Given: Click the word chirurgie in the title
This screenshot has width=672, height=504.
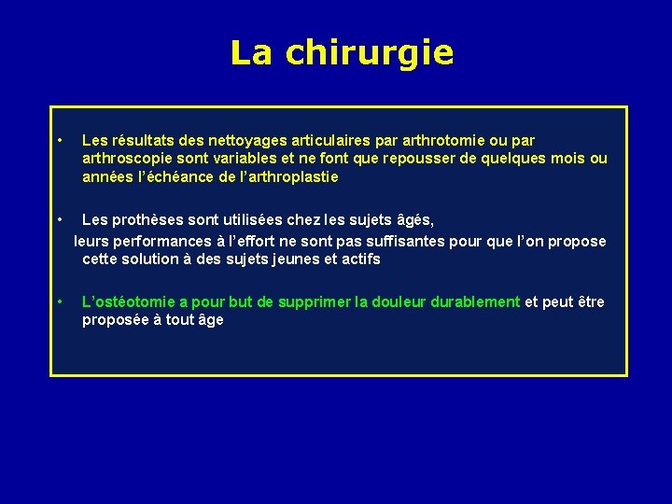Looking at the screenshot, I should pos(370,53).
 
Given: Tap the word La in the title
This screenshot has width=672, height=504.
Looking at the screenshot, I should pos(252,53).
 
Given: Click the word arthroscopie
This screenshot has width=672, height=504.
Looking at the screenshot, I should pos(127,159).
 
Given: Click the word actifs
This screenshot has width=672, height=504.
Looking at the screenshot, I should pos(360,259).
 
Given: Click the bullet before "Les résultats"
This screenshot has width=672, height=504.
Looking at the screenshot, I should pos(59,140).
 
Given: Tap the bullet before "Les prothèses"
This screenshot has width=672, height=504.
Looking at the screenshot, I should pos(59,219).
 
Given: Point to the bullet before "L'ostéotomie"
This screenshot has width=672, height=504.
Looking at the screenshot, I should pos(59,301).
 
